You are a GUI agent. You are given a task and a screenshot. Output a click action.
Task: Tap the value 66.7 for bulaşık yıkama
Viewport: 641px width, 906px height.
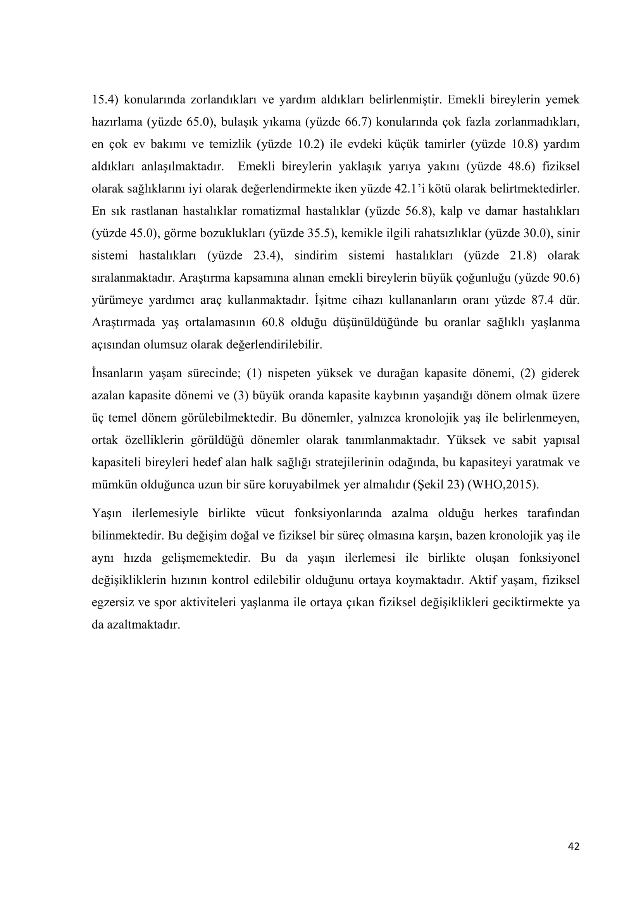pyautogui.click(x=357, y=122)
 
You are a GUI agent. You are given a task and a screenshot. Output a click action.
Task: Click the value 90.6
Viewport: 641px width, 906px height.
pyautogui.click(x=565, y=278)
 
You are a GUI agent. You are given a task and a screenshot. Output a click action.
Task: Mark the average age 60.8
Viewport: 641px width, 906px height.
pyautogui.click(x=273, y=322)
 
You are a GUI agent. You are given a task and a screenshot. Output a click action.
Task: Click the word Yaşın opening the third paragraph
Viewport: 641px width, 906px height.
pyautogui.click(x=106, y=513)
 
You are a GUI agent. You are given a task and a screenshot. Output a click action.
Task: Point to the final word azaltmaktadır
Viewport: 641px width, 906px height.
pyautogui.click(x=144, y=625)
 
